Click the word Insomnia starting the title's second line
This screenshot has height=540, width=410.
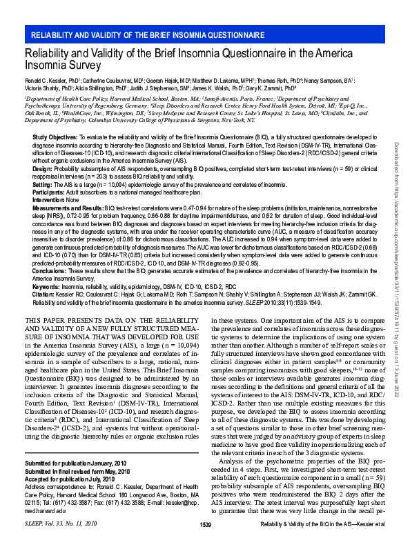click(47, 66)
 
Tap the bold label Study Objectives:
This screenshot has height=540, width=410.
click(55, 139)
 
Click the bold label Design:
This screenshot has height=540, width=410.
click(43, 168)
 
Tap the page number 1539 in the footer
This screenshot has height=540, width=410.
click(205, 526)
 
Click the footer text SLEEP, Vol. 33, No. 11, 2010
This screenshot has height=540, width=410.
click(60, 526)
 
